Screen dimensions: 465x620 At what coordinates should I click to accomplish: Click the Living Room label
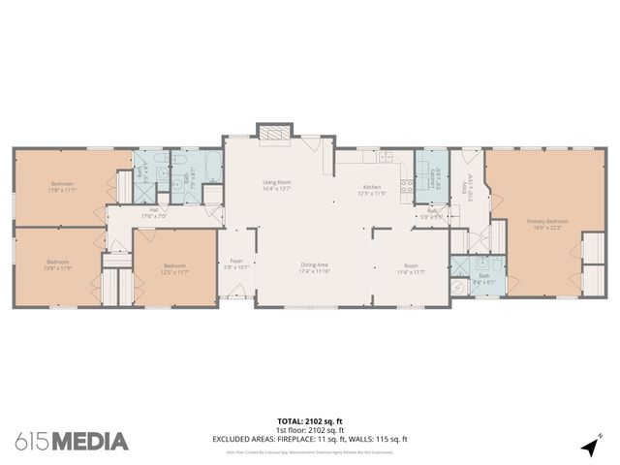(x=278, y=185)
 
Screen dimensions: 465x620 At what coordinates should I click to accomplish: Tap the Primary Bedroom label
(x=547, y=224)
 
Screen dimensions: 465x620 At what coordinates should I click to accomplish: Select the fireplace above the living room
(x=272, y=133)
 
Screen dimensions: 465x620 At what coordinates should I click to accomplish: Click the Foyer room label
(x=236, y=263)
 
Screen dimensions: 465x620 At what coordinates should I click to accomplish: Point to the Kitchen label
(x=373, y=190)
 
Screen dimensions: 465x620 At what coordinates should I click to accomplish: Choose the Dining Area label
(x=312, y=267)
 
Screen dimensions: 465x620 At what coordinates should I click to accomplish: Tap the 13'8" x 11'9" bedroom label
(x=58, y=263)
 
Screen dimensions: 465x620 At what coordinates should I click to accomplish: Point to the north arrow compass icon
(x=589, y=446)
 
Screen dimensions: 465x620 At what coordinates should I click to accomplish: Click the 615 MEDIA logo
(x=72, y=442)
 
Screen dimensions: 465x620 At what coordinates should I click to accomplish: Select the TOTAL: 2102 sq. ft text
(x=309, y=421)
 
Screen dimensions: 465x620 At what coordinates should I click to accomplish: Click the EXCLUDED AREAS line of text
(x=310, y=439)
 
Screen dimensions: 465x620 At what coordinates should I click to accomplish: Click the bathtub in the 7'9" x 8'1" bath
(x=204, y=164)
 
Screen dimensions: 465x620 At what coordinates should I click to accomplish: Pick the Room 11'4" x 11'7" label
(x=411, y=270)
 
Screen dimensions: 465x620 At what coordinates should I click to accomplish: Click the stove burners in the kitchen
(x=386, y=157)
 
